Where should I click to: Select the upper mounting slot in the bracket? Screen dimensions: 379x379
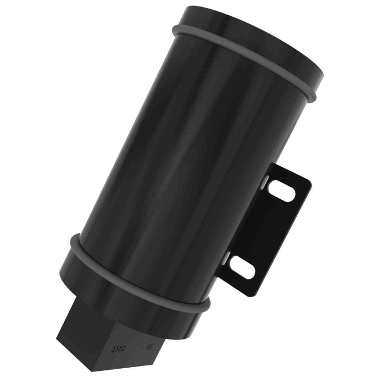(x=282, y=191)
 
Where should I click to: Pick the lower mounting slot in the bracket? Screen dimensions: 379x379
(x=243, y=266)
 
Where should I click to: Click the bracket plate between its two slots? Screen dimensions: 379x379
(x=265, y=227)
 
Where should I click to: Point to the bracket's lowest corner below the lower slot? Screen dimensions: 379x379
(x=251, y=295)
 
